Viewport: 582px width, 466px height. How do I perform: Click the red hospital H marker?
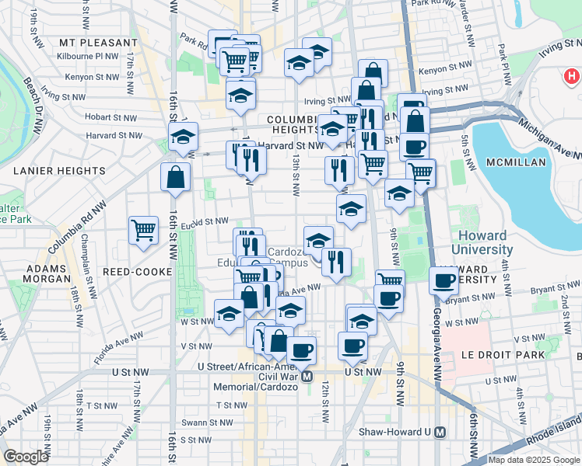tap(572, 77)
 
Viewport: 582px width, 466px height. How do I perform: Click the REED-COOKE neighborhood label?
tap(130, 273)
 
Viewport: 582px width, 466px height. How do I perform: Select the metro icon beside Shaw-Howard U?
tap(440, 432)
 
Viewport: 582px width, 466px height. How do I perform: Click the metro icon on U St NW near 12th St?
tap(308, 377)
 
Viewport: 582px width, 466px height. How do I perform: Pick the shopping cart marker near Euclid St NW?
tap(144, 230)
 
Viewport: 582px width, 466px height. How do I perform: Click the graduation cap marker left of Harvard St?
tap(184, 137)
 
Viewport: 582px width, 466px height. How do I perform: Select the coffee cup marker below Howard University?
tap(444, 280)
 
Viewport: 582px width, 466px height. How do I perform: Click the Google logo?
tap(26, 457)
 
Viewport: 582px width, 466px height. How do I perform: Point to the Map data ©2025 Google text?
tap(534, 460)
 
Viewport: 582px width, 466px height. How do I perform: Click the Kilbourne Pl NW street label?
tap(87, 57)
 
